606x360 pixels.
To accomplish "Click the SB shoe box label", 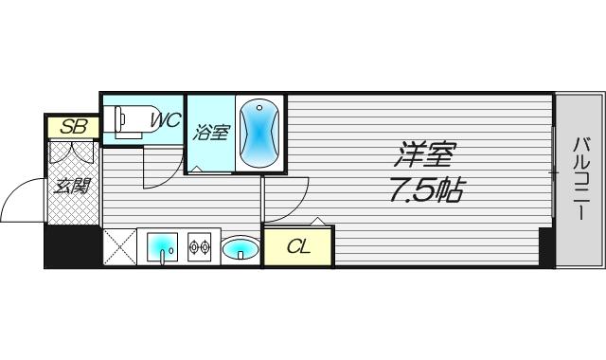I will [72, 126].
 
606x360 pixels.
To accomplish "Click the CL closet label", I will [298, 248].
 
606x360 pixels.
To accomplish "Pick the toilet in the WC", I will [129, 121].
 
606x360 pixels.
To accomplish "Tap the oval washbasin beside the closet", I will [241, 249].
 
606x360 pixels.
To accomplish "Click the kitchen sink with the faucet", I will [163, 247].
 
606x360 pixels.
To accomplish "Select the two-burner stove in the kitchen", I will [199, 247].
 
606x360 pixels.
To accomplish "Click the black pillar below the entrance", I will [72, 247].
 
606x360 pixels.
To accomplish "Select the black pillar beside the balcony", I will [546, 248].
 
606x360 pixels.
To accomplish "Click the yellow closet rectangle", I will [298, 248].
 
